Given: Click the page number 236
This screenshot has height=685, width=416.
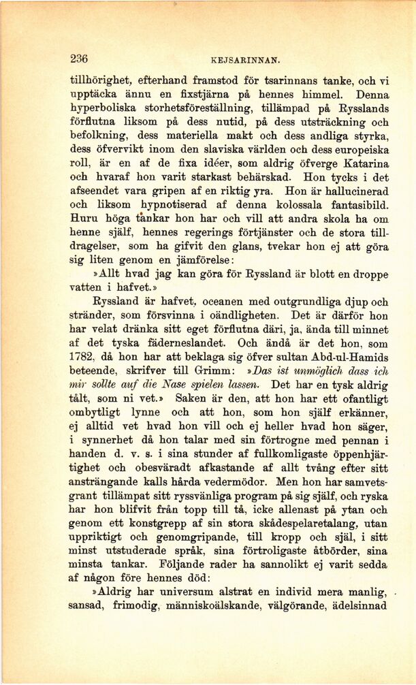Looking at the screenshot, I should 79,59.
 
